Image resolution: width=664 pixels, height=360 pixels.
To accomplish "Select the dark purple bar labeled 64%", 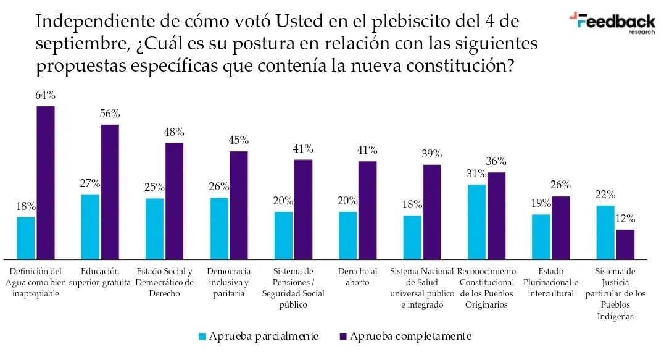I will coord(46,182).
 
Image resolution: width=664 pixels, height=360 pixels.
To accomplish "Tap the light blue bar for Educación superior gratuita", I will coord(90,227).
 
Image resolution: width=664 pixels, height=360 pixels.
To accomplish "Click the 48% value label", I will coord(174,132).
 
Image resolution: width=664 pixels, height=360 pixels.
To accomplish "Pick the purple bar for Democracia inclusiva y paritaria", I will coord(239,205).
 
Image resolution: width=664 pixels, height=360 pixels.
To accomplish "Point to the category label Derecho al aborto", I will coord(357,277).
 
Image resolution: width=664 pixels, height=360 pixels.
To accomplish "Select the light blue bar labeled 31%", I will coord(476,221).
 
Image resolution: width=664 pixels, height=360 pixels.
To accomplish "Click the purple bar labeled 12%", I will coord(625,244).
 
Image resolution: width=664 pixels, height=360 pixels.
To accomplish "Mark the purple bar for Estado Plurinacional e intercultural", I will coord(561,227).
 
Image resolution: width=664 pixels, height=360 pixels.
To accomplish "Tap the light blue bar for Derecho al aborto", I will coord(348,235).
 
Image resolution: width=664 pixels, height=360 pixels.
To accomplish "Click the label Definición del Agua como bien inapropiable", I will coord(36,282).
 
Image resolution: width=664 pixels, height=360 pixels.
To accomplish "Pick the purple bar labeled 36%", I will coord(496,216).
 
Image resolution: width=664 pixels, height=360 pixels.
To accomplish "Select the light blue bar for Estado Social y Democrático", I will coord(155,228).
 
